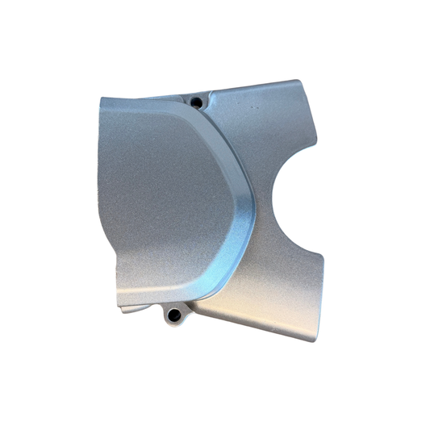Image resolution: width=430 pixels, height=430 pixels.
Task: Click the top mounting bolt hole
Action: (x=196, y=102)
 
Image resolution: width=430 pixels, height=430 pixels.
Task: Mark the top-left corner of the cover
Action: (x=101, y=99)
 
